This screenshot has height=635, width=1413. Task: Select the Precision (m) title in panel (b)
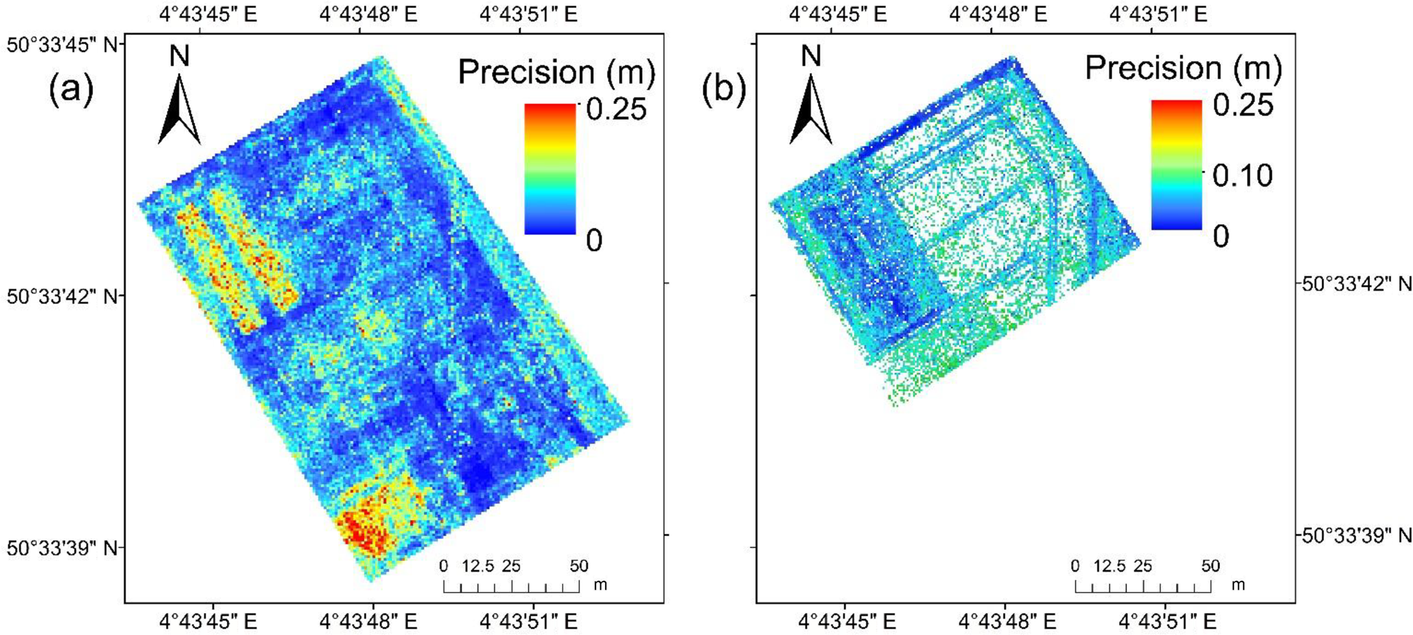(1183, 68)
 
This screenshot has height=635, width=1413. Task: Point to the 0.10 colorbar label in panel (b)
(1242, 176)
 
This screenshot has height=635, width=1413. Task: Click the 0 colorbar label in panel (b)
(1220, 236)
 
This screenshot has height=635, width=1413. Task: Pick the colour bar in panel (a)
(550, 169)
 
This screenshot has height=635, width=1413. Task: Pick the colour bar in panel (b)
(1176, 164)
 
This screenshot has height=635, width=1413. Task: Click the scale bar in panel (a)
(511, 586)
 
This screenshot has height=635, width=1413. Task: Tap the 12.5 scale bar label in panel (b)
(1109, 567)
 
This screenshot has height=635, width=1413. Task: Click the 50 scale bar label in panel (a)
(578, 567)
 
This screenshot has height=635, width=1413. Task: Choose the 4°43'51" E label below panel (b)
(1168, 621)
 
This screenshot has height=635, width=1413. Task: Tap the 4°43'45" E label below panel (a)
(208, 621)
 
